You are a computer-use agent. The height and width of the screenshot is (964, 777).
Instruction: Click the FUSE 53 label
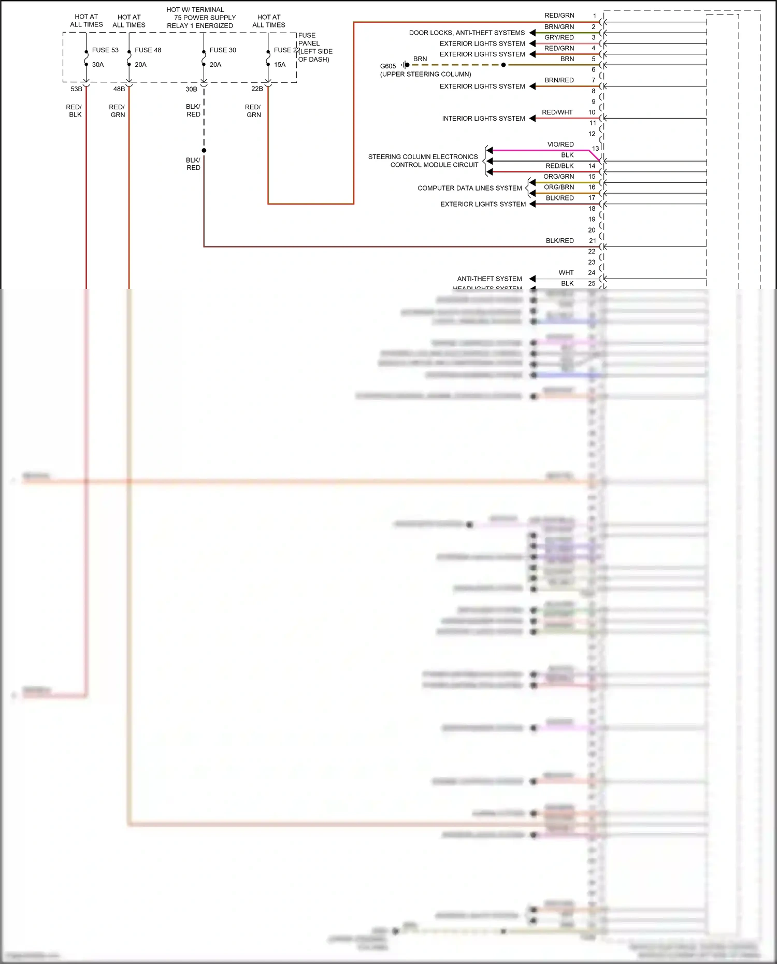105,50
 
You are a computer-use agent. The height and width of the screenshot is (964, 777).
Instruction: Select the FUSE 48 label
148,50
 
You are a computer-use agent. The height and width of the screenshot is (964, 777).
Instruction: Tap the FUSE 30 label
223,50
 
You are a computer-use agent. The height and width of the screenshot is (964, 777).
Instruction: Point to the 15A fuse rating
280,65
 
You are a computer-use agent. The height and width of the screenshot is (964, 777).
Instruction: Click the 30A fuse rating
98,65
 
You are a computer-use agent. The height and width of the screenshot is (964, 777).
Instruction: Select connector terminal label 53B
76,89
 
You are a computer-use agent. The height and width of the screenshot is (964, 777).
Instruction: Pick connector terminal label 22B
257,89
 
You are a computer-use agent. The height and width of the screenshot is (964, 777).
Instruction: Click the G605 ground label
388,66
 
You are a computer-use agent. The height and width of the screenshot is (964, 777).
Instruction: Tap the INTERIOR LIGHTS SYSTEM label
483,119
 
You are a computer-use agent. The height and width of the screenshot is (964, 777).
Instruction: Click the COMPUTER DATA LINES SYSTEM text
469,188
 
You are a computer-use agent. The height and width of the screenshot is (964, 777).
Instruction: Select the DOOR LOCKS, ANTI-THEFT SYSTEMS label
467,33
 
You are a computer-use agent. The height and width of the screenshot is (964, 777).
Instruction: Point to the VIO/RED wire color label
560,145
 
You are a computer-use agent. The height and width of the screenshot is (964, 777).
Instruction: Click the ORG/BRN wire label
559,188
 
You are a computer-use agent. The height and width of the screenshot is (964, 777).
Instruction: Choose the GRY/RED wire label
559,37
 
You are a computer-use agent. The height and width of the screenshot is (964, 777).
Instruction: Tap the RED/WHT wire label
557,112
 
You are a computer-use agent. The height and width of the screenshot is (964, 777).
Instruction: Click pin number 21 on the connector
592,241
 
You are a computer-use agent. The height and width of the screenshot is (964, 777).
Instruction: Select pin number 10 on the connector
592,112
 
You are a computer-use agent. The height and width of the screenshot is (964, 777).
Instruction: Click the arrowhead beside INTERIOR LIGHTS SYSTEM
532,119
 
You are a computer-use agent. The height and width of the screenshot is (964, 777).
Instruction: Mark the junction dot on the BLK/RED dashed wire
204,150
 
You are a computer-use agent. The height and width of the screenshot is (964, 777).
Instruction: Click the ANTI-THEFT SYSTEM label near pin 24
489,279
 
